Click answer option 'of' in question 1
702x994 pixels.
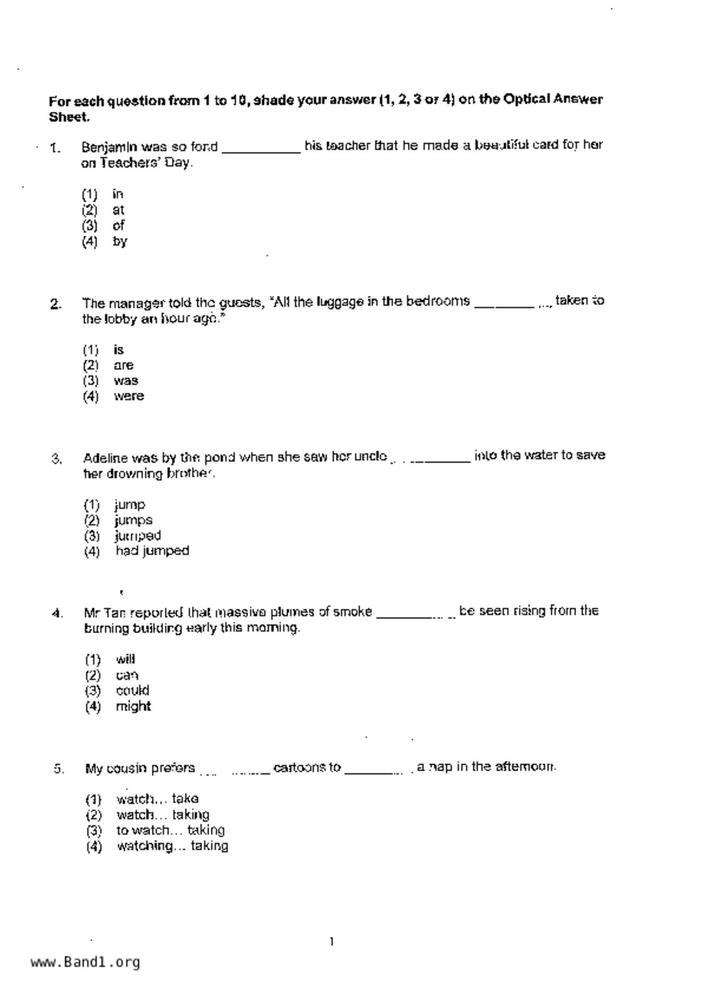(x=118, y=226)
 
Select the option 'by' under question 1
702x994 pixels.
(x=120, y=241)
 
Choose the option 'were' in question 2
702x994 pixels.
(x=129, y=396)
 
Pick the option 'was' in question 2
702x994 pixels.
(x=126, y=381)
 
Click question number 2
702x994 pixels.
(x=56, y=304)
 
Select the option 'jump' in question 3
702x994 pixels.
(x=130, y=505)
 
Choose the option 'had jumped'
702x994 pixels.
(x=152, y=551)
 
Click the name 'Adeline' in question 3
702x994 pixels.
(x=105, y=458)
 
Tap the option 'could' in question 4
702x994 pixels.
(x=133, y=691)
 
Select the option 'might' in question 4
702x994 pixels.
(x=133, y=707)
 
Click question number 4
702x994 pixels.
(x=57, y=614)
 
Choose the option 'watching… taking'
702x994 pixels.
(x=172, y=846)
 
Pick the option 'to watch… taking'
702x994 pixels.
(x=171, y=830)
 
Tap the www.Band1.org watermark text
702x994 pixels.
(x=85, y=962)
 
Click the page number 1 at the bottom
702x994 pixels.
(x=331, y=942)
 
